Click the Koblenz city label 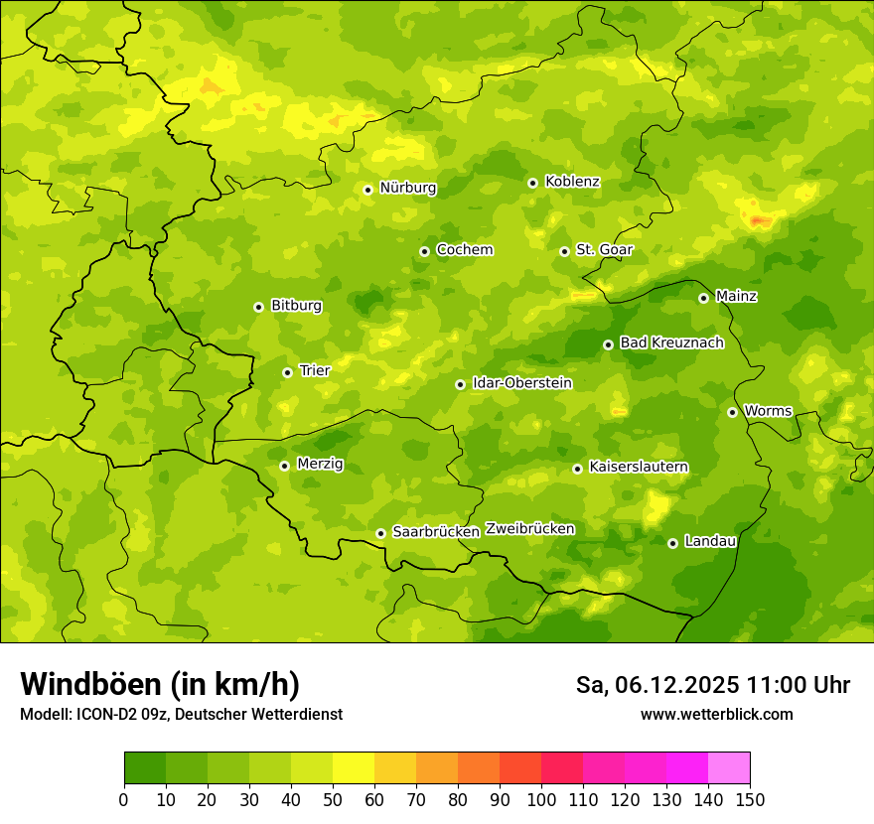tap(572, 182)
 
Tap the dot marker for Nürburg tap(367, 190)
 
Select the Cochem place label tap(464, 249)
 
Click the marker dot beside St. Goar tap(564, 251)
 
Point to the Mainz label tap(736, 296)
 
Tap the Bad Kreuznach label tap(671, 343)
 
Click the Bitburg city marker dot tap(258, 307)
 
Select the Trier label tap(314, 370)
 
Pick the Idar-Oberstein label tap(521, 382)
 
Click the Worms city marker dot tap(732, 412)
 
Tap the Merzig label tap(320, 464)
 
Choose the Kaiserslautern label tap(639, 467)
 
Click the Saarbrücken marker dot tap(380, 533)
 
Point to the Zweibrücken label tap(529, 528)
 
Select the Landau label tap(710, 541)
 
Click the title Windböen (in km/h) tap(160, 684)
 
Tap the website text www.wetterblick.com tap(716, 714)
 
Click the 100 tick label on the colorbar tap(541, 799)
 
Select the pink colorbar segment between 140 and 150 tap(729, 768)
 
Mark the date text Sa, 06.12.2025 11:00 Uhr tap(712, 685)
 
